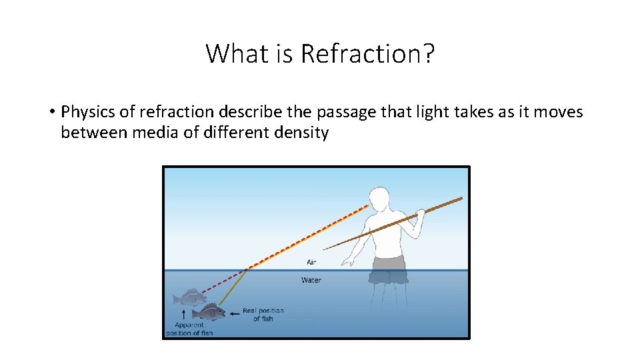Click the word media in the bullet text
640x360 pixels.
pyautogui.click(x=153, y=133)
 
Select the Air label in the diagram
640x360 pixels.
pyautogui.click(x=311, y=262)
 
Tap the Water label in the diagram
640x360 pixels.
pyautogui.click(x=311, y=280)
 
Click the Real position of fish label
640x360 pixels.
pyautogui.click(x=263, y=315)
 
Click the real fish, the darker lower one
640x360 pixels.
pyautogui.click(x=208, y=311)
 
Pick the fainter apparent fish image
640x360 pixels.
pyautogui.click(x=189, y=297)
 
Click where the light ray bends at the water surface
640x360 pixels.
pyautogui.click(x=249, y=269)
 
